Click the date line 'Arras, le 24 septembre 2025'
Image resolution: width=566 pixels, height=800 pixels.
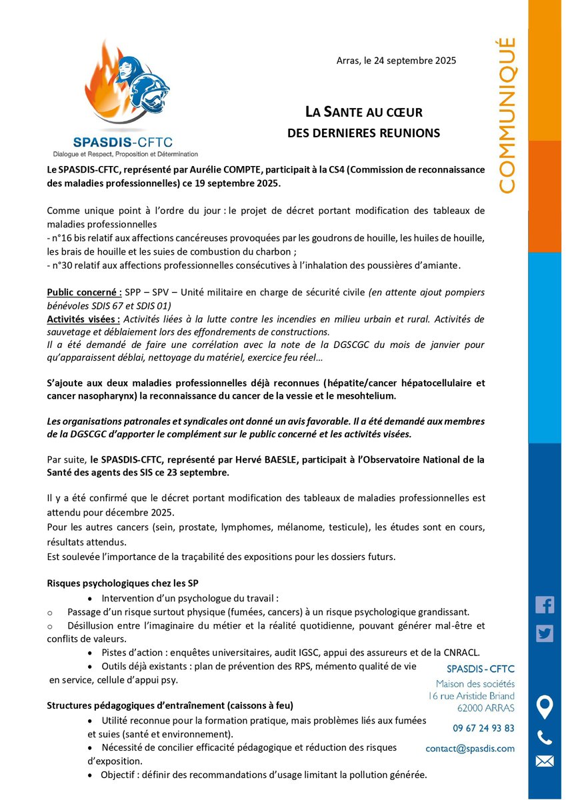(x=396, y=61)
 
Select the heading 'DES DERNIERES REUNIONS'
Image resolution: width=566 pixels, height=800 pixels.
(x=363, y=133)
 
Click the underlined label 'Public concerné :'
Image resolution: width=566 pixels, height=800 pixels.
(x=83, y=293)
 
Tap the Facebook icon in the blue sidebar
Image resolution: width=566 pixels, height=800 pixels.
(x=545, y=605)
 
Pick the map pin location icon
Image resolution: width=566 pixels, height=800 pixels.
(x=545, y=707)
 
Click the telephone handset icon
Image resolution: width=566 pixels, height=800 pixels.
(x=545, y=737)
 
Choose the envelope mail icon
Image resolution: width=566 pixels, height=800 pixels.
(x=545, y=761)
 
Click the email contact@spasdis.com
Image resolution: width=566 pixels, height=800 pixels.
(x=470, y=749)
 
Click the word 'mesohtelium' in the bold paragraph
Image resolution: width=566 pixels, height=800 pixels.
(x=370, y=396)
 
